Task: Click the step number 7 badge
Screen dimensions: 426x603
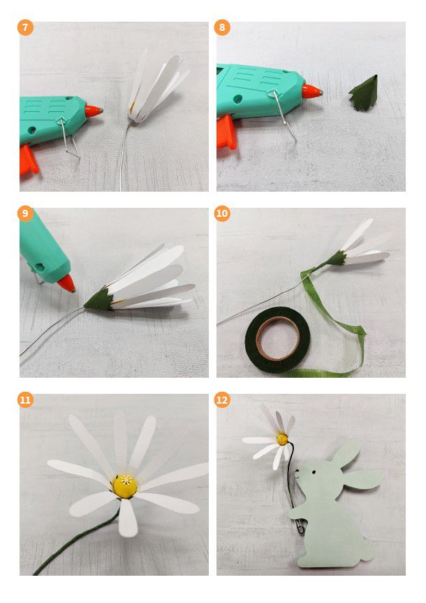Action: [x=25, y=28]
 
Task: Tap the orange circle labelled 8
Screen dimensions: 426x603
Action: [x=222, y=28]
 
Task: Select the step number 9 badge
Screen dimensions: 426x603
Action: [x=25, y=213]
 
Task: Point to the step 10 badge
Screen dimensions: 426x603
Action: [x=222, y=213]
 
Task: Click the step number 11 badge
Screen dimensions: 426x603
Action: [x=25, y=400]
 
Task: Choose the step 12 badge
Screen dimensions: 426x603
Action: [x=222, y=400]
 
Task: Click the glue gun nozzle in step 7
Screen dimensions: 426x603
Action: [x=94, y=111]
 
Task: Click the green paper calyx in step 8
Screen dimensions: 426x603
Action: [x=364, y=94]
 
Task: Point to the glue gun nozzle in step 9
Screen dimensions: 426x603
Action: [x=66, y=283]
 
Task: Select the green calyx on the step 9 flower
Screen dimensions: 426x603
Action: [x=99, y=299]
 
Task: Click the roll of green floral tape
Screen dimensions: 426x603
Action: [x=277, y=333]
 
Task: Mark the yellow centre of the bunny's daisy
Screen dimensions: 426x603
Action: [x=282, y=439]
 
